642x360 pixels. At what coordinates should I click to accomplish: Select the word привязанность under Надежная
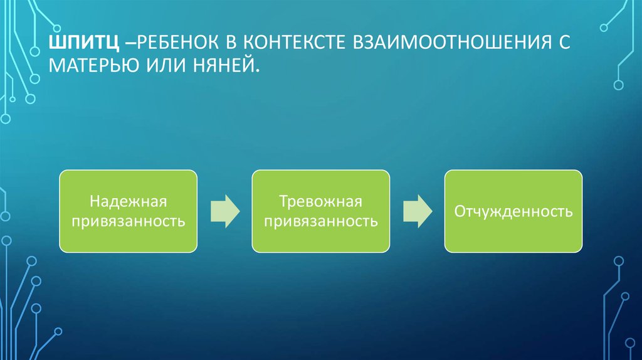[128, 221]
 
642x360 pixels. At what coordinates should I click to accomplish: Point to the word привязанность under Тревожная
[321, 221]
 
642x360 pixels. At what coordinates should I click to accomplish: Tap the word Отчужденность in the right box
[513, 211]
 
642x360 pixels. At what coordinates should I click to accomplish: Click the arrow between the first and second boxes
[224, 211]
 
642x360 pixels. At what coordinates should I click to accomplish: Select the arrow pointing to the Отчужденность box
[417, 211]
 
